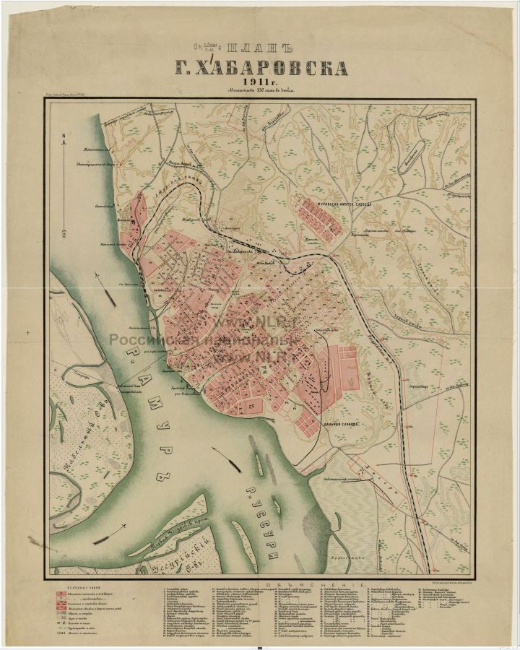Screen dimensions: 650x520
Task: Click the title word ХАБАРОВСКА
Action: [261, 69]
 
